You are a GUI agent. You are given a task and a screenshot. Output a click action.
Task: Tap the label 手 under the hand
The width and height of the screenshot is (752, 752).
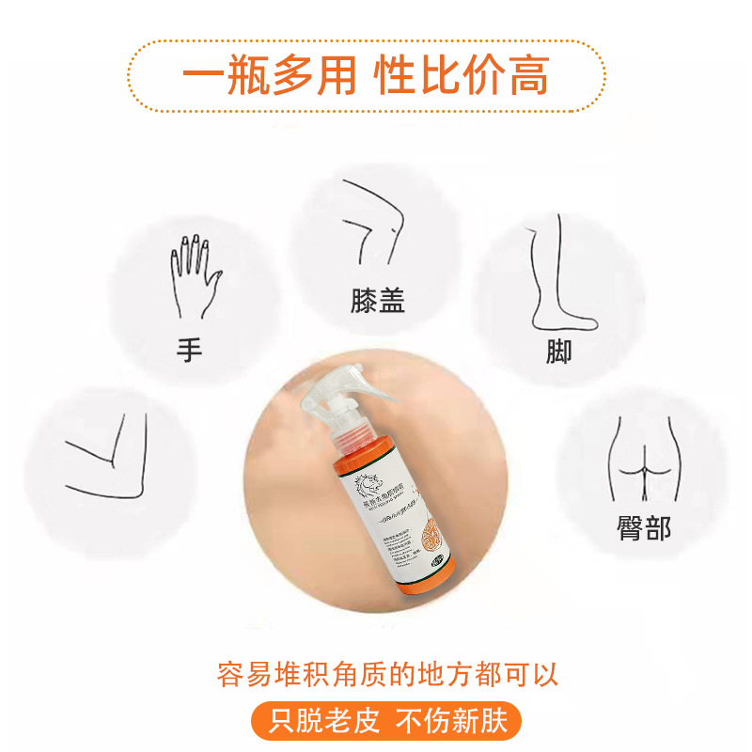coord(189,351)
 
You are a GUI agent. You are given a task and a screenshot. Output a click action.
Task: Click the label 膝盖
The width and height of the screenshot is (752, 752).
coord(376,301)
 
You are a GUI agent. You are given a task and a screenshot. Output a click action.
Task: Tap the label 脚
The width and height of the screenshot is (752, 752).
coord(558,352)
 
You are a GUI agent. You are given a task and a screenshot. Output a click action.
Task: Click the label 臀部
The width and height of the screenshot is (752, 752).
coord(644,528)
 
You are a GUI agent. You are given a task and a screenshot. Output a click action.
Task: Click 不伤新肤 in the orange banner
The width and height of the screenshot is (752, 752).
coord(451,722)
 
